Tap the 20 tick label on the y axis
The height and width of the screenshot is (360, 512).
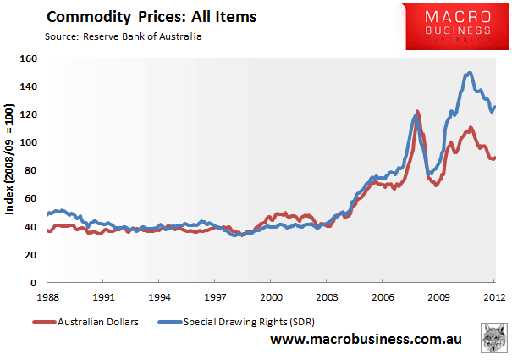point(31,254)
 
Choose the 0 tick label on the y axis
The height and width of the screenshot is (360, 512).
point(34,282)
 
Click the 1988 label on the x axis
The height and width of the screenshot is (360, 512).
point(47,296)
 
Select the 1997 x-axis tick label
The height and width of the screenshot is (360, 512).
point(215,296)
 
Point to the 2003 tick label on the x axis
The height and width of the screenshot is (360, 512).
point(327,296)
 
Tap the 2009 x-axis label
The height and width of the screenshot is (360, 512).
point(438,296)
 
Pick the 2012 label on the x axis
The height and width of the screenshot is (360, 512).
point(494,296)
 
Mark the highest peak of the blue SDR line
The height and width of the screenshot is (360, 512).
point(468,74)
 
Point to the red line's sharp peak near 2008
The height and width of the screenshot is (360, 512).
point(417,111)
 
